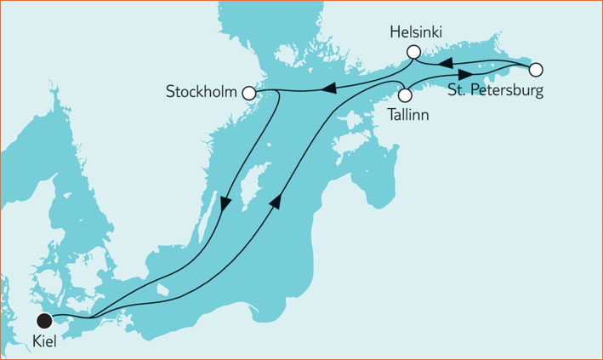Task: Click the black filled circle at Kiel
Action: [x=44, y=320]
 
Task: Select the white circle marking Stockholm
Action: [x=249, y=93]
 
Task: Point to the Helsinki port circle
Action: [x=413, y=53]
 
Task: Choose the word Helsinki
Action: [x=418, y=32]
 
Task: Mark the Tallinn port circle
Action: [x=405, y=94]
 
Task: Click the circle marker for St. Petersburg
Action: [x=536, y=70]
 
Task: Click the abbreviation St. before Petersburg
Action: [x=458, y=90]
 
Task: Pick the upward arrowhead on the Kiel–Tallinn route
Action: [x=275, y=202]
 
